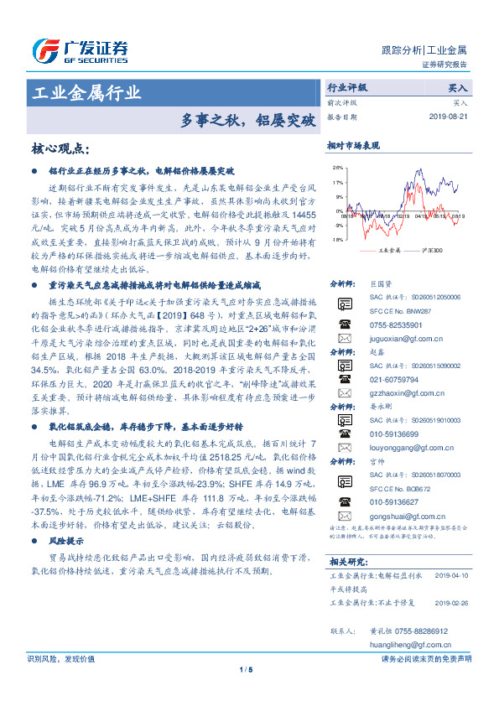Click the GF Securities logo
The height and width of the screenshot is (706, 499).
click(x=81, y=49)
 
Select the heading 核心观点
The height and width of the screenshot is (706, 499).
click(x=59, y=149)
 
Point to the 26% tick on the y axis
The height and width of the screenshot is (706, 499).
click(x=337, y=167)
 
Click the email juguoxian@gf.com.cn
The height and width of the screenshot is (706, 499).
click(x=403, y=336)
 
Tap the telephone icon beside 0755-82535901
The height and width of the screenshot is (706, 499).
click(x=343, y=323)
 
